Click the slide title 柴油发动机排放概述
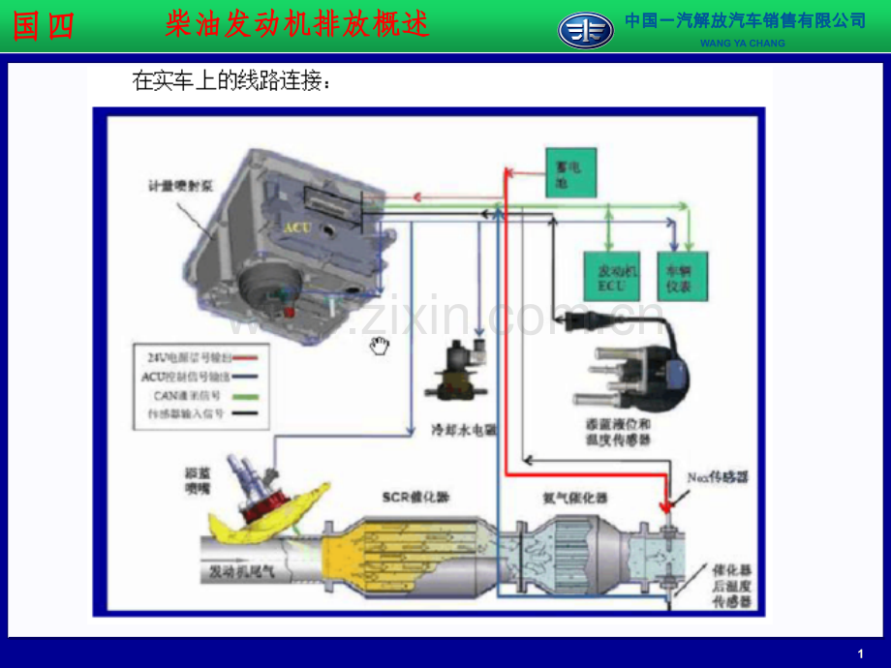pos(297,26)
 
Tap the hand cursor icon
pos(380,346)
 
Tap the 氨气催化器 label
pos(574,498)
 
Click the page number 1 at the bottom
pos(861,653)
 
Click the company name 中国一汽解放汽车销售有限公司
pos(745,20)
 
